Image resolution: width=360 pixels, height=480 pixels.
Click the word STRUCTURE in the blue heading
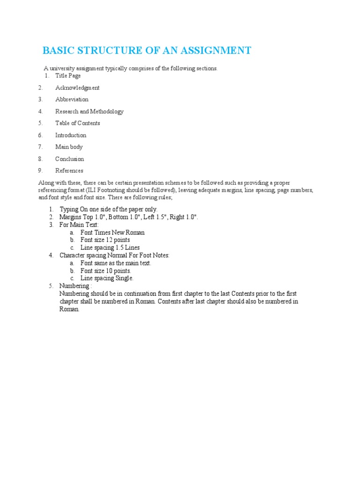coord(105,51)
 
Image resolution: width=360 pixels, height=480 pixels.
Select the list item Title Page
coord(68,75)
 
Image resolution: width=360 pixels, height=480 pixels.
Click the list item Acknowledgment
coord(77,88)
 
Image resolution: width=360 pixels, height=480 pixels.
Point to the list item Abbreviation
coord(72,99)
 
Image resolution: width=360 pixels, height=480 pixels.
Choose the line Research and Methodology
coord(89,112)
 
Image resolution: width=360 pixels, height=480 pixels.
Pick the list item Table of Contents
coord(77,123)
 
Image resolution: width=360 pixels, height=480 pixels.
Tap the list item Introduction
coord(71,135)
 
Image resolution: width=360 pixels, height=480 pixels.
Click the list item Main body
coord(69,147)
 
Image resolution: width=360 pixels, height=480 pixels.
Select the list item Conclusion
coord(69,159)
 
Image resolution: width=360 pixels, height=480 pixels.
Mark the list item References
coord(69,171)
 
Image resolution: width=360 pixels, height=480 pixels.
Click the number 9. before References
coord(41,171)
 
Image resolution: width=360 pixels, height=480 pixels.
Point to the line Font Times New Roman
coord(112,232)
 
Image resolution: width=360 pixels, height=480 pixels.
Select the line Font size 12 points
coord(105,240)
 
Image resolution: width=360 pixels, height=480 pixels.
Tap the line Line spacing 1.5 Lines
coord(110,247)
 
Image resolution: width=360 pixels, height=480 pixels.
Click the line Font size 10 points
coord(105,271)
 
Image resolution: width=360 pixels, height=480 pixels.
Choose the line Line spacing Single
coord(107,278)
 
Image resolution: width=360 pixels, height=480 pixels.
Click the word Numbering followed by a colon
coord(74,286)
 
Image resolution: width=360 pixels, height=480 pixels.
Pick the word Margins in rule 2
coord(70,217)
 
